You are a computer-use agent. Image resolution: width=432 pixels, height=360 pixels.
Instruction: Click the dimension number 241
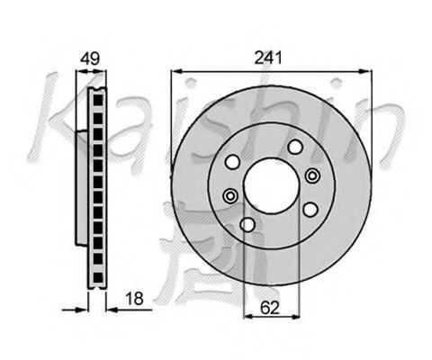268,58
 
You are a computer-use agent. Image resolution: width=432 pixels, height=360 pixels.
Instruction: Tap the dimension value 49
90,58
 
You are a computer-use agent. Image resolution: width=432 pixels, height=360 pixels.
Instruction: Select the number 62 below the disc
270,308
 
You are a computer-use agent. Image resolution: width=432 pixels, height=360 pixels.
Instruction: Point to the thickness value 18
134,299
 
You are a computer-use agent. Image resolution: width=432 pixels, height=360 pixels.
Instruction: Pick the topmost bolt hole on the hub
295,147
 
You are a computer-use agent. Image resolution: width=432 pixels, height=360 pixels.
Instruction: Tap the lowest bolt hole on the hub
247,225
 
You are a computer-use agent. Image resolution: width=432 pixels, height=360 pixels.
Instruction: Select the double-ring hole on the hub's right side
312,175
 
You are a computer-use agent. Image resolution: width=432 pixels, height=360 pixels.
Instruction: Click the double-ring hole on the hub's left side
230,196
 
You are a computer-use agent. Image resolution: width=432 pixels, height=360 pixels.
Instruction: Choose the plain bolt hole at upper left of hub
233,162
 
